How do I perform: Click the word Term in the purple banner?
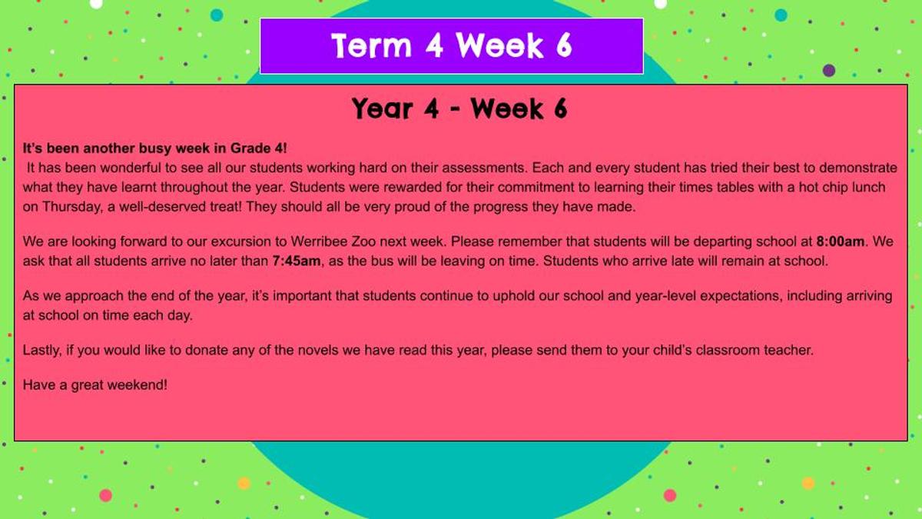[371, 45]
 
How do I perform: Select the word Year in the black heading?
[383, 109]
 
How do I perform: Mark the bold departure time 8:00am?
[840, 241]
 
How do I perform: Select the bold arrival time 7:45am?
[296, 261]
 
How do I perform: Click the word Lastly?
[42, 350]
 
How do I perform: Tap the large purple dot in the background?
[829, 71]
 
